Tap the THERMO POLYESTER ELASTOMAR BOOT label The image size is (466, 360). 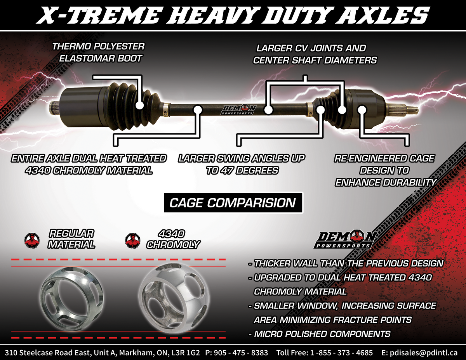point(98,52)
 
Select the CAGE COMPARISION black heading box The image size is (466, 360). point(233,202)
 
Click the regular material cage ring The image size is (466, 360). point(71,299)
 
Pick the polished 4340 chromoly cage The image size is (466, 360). point(174,298)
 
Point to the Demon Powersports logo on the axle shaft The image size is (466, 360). point(238,110)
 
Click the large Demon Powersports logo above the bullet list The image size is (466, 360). point(345,239)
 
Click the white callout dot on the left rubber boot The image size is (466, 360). point(140,106)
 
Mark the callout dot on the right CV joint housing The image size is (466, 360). point(362,110)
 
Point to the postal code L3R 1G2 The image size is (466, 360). point(186,352)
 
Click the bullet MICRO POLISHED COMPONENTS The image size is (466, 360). point(320,334)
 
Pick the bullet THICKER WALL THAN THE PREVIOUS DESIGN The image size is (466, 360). point(346,263)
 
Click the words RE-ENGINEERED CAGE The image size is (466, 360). point(384,159)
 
